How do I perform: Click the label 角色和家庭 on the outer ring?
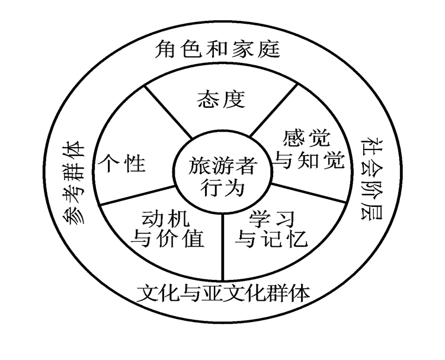pos(217,49)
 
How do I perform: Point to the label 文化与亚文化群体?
pos(223,292)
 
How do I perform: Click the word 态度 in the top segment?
pos(220,100)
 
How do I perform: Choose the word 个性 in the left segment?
pos(123,163)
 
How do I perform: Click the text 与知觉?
pos(310,160)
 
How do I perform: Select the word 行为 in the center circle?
pos(222,187)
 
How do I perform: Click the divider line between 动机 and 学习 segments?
pos(223,243)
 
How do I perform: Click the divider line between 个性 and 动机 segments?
pos(137,196)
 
